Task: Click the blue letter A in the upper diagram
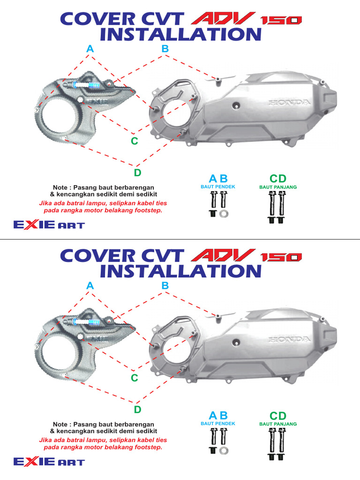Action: point(90,49)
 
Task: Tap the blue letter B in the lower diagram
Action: point(165,285)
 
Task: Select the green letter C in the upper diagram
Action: point(135,141)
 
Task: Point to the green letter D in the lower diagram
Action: point(137,410)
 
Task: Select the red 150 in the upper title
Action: point(281,20)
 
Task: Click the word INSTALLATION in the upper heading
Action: point(180,34)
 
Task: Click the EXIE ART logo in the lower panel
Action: point(49,462)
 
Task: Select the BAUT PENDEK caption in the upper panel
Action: point(218,187)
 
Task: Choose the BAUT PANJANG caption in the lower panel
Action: point(278,424)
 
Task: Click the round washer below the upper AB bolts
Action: point(224,214)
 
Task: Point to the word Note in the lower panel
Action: point(60,424)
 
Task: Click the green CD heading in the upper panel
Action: point(277,179)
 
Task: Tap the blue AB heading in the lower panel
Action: point(218,415)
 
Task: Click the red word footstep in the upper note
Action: point(148,211)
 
